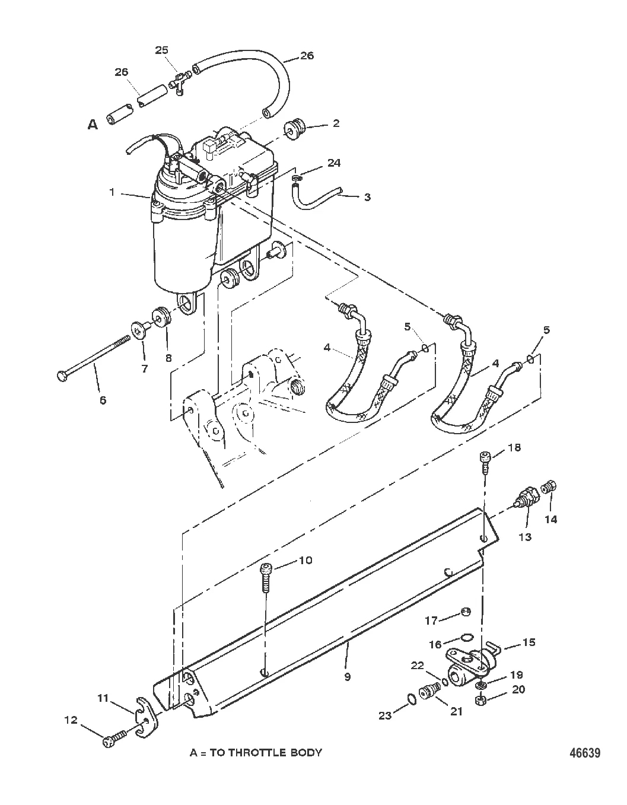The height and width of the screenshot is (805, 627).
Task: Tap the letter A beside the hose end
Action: point(93,125)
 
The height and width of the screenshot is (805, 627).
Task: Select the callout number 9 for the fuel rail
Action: point(347,677)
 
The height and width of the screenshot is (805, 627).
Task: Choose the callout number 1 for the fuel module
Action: point(112,192)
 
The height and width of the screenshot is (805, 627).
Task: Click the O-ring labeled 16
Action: point(467,637)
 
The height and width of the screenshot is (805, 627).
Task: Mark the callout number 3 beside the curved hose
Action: point(367,197)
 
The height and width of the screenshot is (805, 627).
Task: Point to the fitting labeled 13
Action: point(526,496)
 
